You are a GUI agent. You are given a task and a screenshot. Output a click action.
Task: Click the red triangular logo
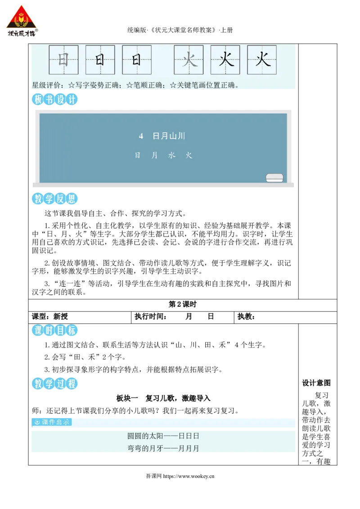[x=21, y=22]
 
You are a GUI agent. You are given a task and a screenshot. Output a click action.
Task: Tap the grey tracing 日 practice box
[x=63, y=60]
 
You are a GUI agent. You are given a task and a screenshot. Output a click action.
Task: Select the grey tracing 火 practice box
[x=189, y=60]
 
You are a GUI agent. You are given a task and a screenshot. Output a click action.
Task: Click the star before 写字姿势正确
[x=71, y=85]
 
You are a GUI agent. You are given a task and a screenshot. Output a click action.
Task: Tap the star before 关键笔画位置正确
[x=173, y=85]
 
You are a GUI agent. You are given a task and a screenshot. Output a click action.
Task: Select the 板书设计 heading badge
[x=54, y=99]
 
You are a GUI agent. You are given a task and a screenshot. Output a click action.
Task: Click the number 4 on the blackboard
[x=141, y=136]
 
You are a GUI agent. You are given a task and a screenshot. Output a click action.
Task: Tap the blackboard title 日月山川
[x=169, y=136]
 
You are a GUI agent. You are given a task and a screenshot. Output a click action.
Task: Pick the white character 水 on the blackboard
[x=172, y=156]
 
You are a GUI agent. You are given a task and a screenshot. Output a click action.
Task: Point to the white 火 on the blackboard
[x=189, y=156]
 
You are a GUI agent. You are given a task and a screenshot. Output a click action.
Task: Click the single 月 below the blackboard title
[x=155, y=156]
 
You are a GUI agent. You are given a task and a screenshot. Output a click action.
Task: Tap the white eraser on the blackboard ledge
[x=274, y=178]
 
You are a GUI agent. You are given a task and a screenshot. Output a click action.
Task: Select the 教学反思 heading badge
[x=54, y=198]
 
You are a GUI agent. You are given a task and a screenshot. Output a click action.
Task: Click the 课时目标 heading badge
[x=54, y=330]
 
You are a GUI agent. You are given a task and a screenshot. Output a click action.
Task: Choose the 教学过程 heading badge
[x=54, y=384]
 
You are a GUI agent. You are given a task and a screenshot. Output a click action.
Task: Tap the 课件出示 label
[x=52, y=422]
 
